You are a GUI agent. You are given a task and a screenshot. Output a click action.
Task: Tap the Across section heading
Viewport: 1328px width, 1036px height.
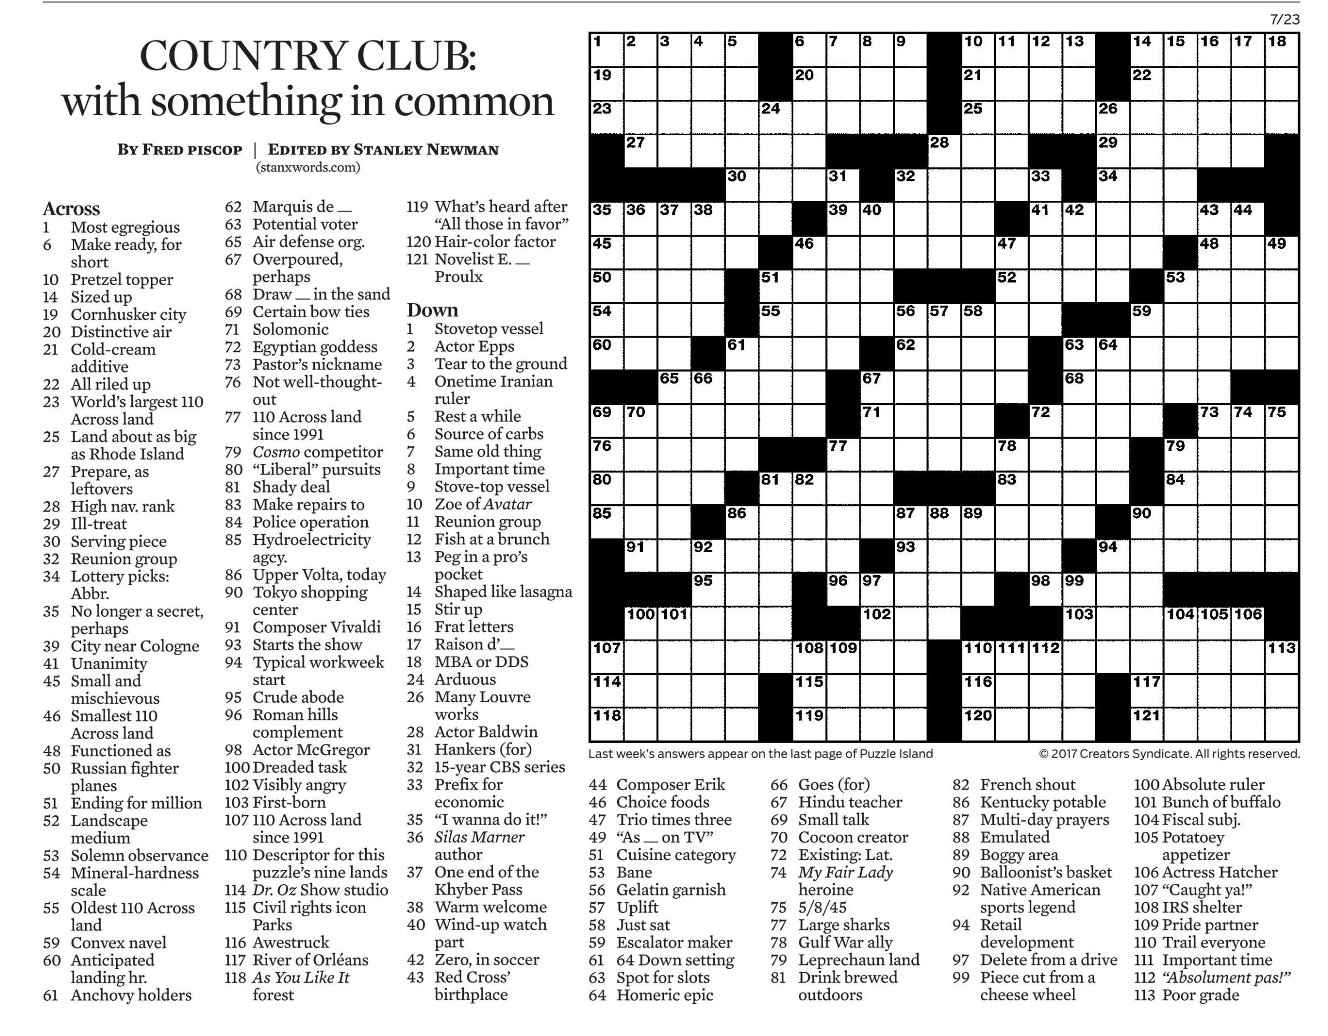[x=71, y=208]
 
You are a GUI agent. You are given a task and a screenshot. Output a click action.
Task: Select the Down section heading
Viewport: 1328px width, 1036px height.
[x=432, y=310]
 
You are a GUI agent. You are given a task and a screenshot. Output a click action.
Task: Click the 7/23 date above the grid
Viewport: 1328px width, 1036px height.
[x=1285, y=20]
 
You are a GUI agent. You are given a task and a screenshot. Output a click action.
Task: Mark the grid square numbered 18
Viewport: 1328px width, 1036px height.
[x=1281, y=50]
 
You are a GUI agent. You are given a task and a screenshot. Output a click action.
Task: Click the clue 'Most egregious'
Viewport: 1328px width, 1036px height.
[x=125, y=227]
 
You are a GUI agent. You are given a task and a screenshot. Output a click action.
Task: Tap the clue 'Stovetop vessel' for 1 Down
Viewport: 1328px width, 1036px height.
[x=488, y=329]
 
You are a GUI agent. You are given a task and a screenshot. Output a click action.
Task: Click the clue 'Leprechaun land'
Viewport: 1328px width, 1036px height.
[x=859, y=959]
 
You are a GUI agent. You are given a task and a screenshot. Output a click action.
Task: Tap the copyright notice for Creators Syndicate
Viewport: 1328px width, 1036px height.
[x=1169, y=754]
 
